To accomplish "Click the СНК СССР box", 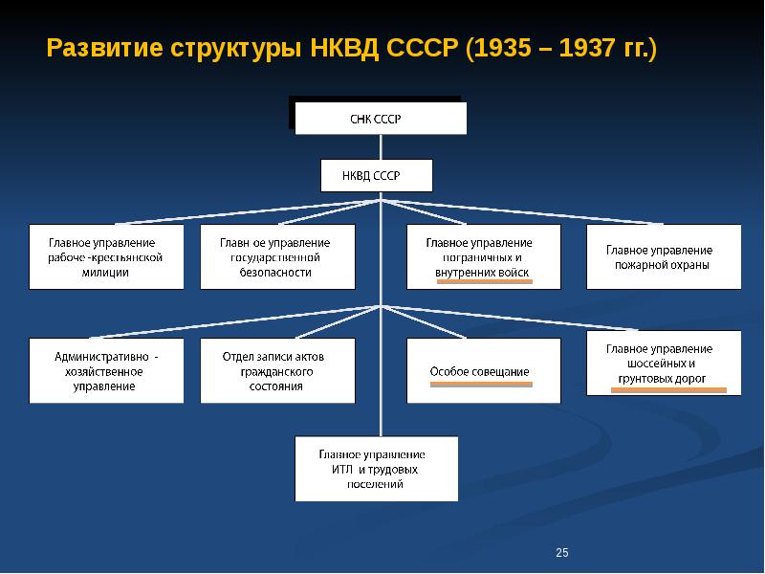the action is (381, 118).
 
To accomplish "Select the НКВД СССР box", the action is (376, 175).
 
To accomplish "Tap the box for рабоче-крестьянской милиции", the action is (106, 256).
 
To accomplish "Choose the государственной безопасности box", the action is (277, 256).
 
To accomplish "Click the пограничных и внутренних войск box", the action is (484, 256).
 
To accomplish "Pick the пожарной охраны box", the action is (664, 256).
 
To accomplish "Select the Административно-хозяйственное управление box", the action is (106, 370).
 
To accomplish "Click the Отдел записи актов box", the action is (277, 370).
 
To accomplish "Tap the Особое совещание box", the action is (484, 370).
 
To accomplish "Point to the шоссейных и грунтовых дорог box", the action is (664, 363).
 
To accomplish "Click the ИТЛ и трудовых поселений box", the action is (376, 469).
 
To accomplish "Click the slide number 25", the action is (562, 552).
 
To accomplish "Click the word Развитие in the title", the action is (104, 49).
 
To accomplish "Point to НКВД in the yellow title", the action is (344, 49).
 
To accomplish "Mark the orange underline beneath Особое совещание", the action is (481, 385).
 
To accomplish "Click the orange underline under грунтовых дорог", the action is (668, 390).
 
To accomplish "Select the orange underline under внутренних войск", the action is (485, 281).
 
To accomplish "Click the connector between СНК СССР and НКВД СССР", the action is (381, 147).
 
